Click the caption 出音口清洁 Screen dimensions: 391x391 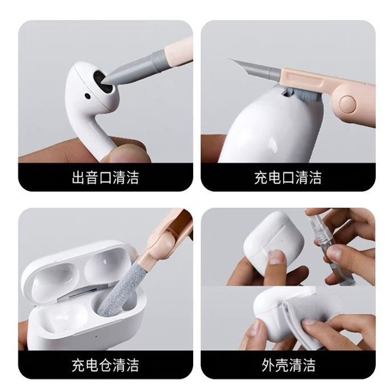(105, 178)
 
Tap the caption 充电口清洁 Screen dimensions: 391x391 (288, 178)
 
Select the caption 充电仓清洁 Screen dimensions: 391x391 (105, 365)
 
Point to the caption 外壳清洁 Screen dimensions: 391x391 (289, 365)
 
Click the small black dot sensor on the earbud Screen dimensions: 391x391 (88, 96)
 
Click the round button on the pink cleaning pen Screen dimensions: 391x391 (347, 104)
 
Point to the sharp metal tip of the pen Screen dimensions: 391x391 (229, 60)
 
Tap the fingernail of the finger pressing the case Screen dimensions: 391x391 (276, 257)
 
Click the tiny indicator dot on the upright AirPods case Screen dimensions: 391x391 (282, 240)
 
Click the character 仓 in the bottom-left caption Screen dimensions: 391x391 (105, 365)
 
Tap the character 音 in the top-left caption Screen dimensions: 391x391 (92, 178)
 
